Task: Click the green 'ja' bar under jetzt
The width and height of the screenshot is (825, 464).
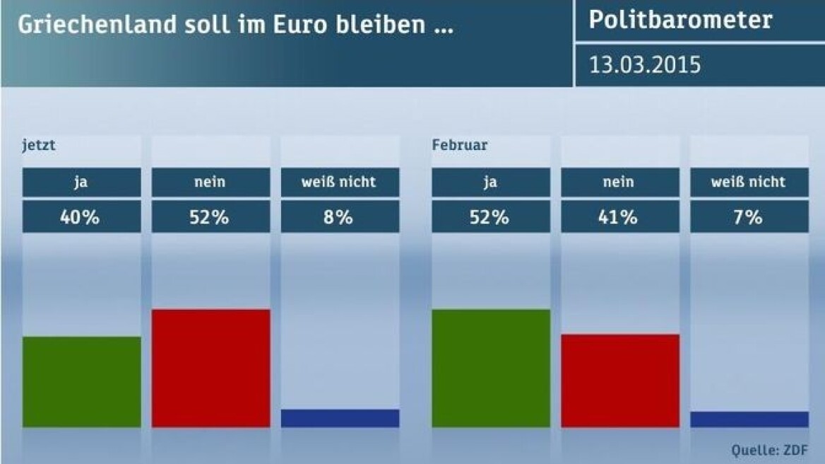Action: click(81, 382)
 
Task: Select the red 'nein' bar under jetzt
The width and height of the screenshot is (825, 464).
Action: click(210, 368)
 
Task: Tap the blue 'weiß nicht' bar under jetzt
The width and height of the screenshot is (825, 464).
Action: click(340, 418)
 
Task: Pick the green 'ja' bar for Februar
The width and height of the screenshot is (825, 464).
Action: click(490, 368)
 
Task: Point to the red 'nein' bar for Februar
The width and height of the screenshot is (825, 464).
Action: click(619, 381)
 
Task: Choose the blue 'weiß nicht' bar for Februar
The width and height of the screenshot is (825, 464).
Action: click(749, 419)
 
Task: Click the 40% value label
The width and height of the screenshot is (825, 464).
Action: click(81, 217)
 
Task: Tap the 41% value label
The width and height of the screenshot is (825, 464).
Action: click(619, 217)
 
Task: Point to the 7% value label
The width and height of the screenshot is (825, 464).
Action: click(749, 217)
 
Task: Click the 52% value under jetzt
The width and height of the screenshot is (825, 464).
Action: click(210, 217)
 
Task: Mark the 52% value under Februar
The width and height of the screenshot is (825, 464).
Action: click(490, 217)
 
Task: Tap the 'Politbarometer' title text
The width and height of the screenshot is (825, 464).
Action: click(681, 20)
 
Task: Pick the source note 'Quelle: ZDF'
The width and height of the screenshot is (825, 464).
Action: click(767, 448)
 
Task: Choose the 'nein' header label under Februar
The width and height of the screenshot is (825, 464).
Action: click(619, 182)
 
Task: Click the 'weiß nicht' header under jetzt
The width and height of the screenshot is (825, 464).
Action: click(340, 182)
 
